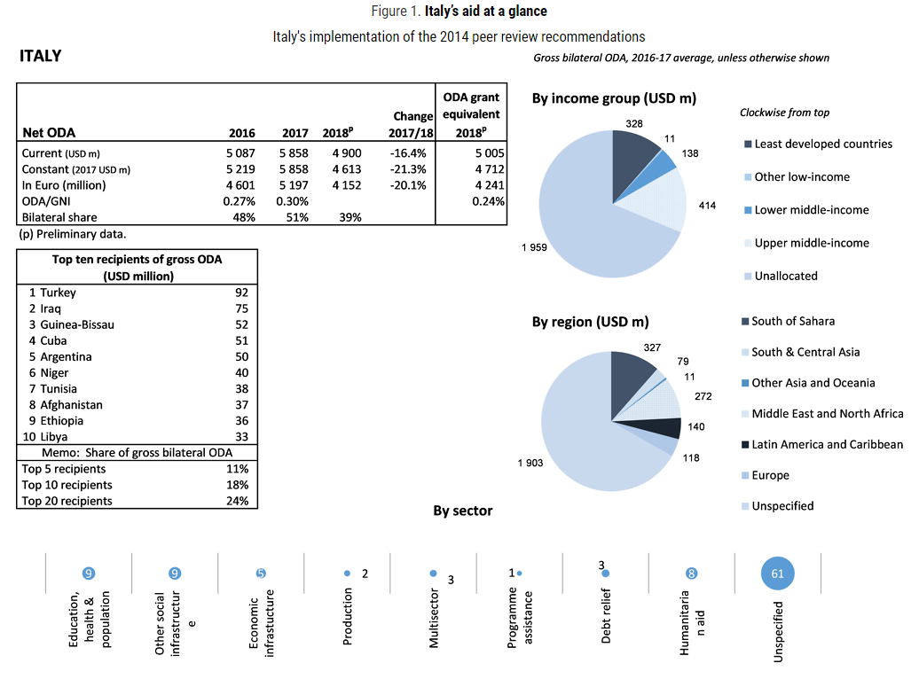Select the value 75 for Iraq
pyautogui.click(x=241, y=308)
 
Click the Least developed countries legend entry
pyautogui.click(x=823, y=144)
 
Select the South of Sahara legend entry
pyautogui.click(x=792, y=321)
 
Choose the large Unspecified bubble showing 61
pyautogui.click(x=778, y=574)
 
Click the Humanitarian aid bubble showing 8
pyautogui.click(x=692, y=574)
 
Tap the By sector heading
pyautogui.click(x=462, y=511)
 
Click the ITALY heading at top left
pyautogui.click(x=41, y=57)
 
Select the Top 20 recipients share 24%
pyautogui.click(x=238, y=501)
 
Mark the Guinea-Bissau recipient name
pyautogui.click(x=77, y=324)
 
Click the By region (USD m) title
pyautogui.click(x=590, y=321)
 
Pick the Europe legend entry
pyautogui.click(x=770, y=475)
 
